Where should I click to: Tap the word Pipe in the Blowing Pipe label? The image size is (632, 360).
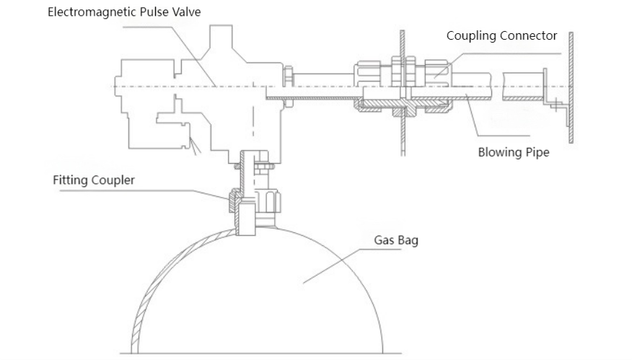[537, 152]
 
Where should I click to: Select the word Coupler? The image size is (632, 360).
[113, 180]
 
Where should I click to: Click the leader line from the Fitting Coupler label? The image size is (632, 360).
[188, 192]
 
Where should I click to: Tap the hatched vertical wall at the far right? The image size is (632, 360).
[570, 87]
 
